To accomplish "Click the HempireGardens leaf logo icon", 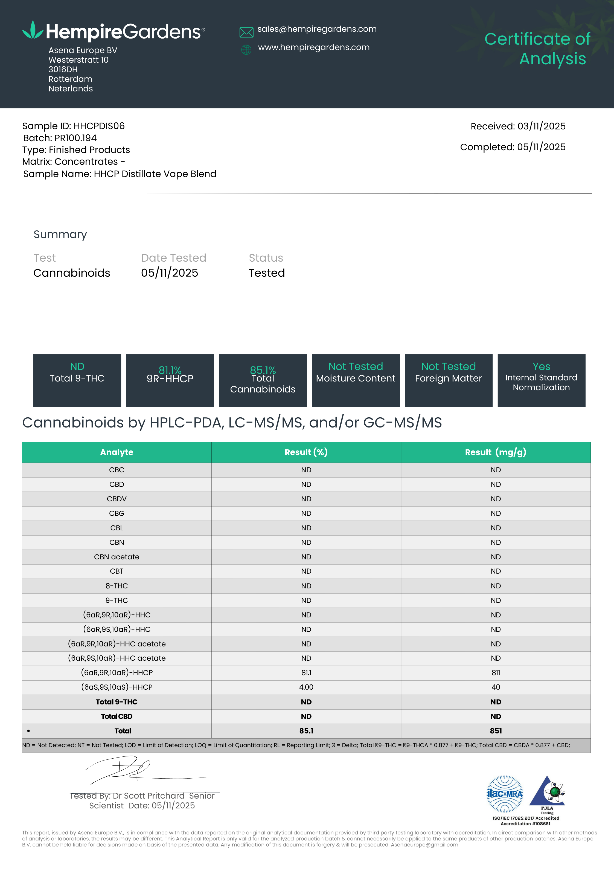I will click(33, 30).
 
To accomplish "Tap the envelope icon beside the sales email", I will click(246, 33).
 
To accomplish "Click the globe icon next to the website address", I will click(246, 50).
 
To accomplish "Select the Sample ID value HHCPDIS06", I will click(99, 126).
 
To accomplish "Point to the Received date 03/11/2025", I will click(541, 126).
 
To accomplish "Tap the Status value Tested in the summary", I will click(267, 273).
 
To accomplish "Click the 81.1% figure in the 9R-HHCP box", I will click(170, 369).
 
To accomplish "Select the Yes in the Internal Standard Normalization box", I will click(541, 366).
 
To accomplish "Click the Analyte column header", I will click(117, 452).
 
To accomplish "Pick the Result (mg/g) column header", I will click(496, 452).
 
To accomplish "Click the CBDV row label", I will click(117, 499).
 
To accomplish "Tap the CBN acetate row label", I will click(117, 557).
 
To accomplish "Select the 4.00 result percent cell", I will click(306, 687).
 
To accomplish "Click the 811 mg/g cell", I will click(496, 673).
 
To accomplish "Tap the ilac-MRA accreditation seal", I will click(505, 794).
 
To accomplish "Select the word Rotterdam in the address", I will click(71, 79).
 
